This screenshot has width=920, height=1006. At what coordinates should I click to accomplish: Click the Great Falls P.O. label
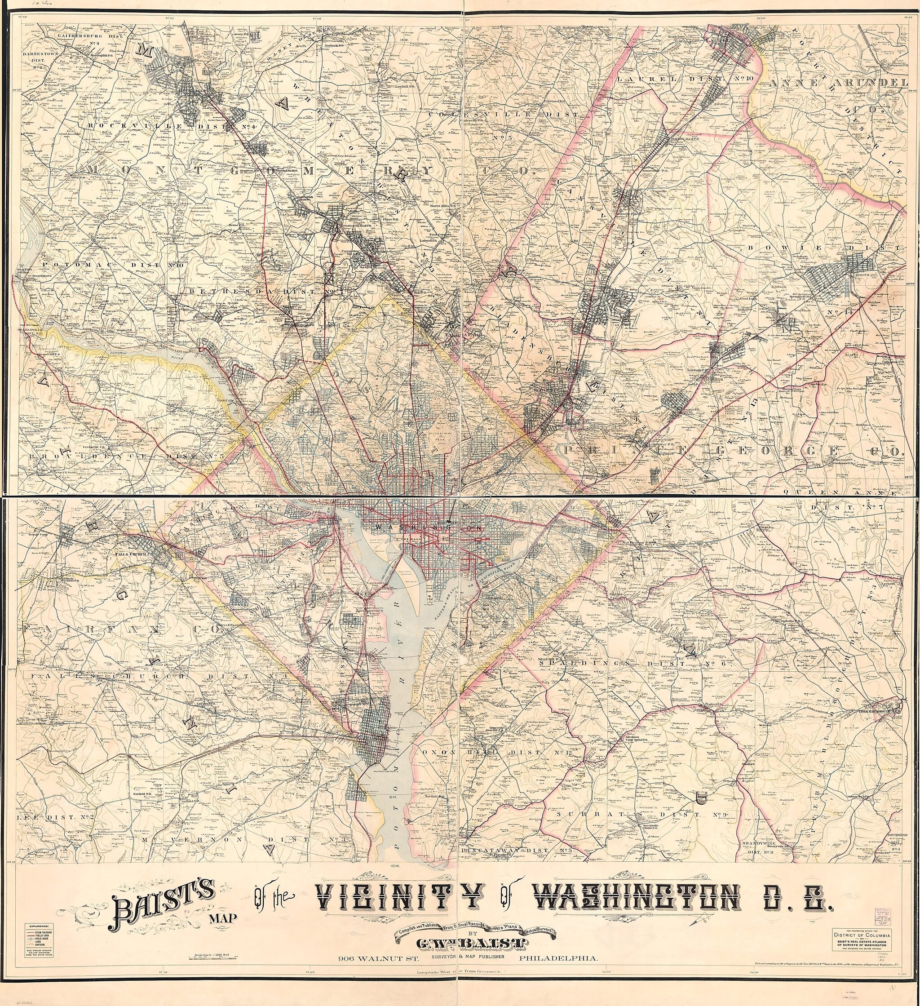point(35,276)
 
